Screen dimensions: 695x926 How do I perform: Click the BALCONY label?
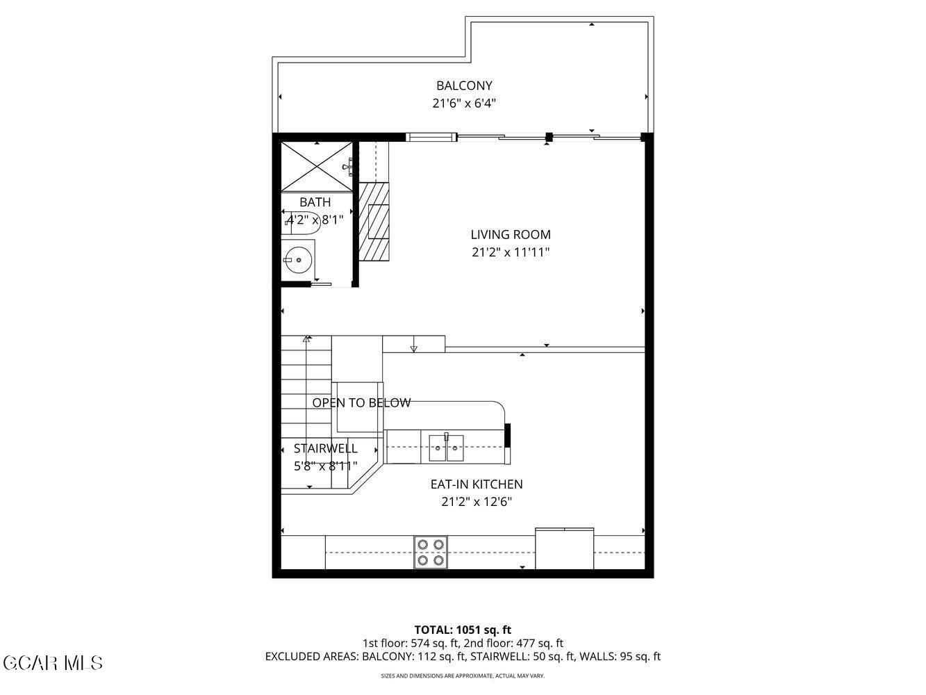(464, 85)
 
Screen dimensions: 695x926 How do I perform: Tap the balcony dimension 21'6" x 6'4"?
(464, 104)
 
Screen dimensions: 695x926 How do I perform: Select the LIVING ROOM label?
(511, 235)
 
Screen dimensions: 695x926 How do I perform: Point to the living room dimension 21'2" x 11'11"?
(511, 252)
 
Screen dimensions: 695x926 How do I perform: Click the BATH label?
(315, 202)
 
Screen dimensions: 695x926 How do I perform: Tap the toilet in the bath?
(303, 223)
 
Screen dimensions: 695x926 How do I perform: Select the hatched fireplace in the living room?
(374, 221)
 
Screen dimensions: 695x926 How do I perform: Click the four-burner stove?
(431, 553)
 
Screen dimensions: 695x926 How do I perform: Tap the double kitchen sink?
(446, 448)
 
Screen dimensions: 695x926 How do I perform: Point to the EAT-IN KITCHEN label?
(477, 484)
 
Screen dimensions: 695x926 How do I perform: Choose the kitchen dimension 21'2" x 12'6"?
(477, 502)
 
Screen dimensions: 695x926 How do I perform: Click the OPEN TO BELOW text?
(361, 403)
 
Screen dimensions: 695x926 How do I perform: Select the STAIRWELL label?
(326, 448)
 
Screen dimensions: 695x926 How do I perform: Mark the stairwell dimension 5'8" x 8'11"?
(326, 466)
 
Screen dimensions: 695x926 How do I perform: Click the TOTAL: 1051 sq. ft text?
(463, 630)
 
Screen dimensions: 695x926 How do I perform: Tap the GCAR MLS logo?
(53, 662)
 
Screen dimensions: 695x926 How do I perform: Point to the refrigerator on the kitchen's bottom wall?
(564, 549)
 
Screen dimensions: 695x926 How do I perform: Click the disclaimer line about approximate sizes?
(463, 676)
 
